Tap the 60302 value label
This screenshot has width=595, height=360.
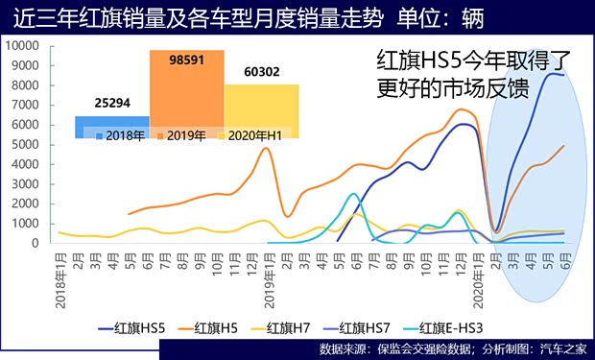pos(261,69)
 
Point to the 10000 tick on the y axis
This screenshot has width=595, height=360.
pos(23,46)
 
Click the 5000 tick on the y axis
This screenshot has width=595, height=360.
pos(26,144)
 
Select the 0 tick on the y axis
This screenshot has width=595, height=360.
pos(38,243)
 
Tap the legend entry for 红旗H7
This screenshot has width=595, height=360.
pos(294,328)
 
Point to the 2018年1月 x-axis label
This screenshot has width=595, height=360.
pos(59,274)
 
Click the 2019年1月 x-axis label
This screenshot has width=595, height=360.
pos(256,274)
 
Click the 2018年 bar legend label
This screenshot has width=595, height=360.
pos(120,135)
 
